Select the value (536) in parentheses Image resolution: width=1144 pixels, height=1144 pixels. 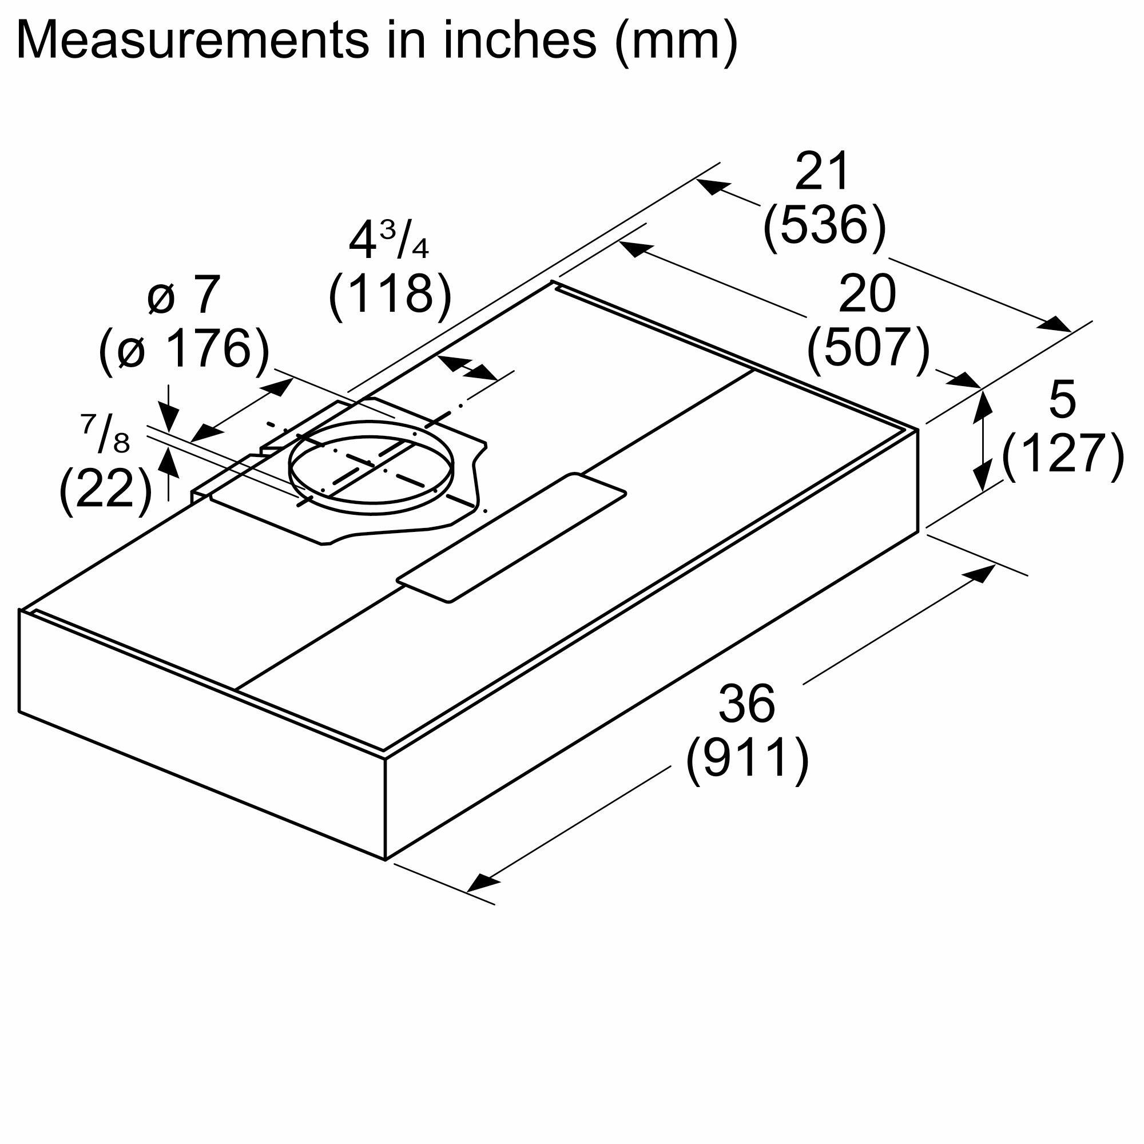tap(824, 225)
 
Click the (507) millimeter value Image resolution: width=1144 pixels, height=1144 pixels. tap(868, 349)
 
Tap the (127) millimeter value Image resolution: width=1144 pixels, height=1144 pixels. tap(1063, 453)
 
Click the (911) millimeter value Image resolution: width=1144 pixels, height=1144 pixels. tap(747, 758)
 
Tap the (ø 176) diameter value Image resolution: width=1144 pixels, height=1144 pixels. tap(184, 349)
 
